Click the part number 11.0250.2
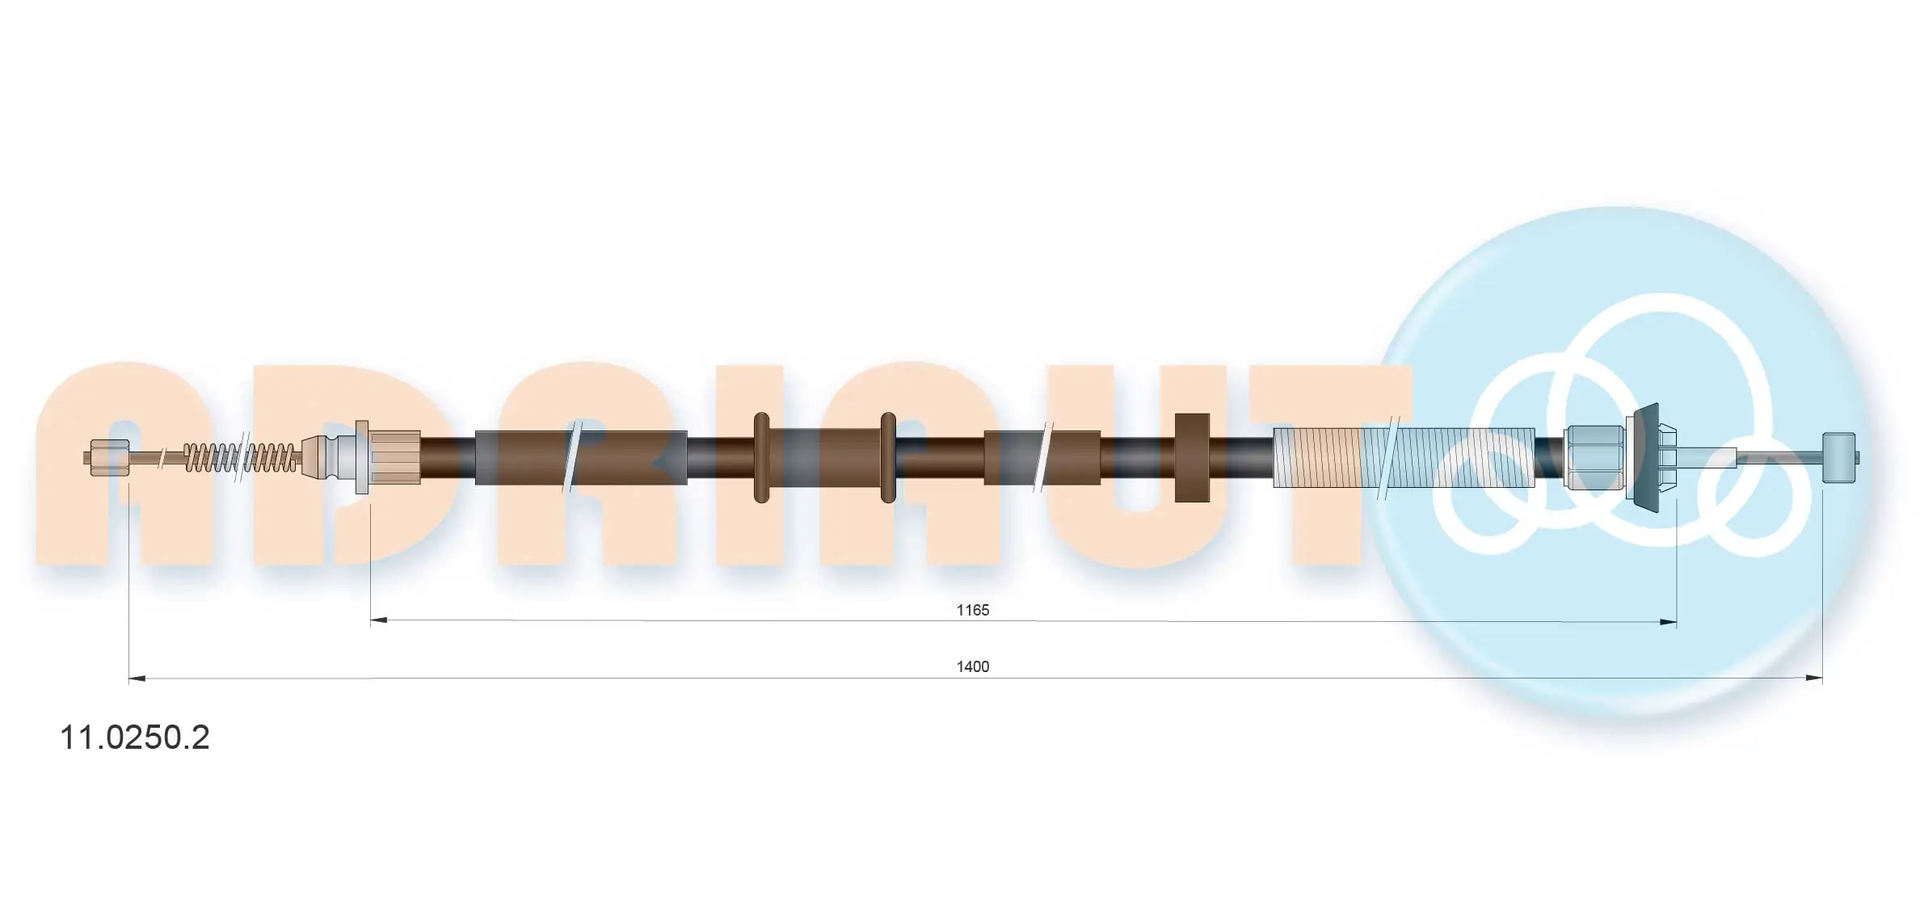pyautogui.click(x=135, y=737)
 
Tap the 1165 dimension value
pyautogui.click(x=972, y=610)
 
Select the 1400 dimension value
pyautogui.click(x=972, y=666)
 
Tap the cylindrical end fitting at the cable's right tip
pyautogui.click(x=1839, y=458)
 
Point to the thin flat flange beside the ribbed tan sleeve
pyautogui.click(x=362, y=457)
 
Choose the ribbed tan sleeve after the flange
pyautogui.click(x=395, y=457)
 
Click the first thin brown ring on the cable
pyautogui.click(x=761, y=457)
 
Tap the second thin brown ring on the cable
pyautogui.click(x=888, y=457)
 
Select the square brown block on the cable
pyautogui.click(x=1192, y=457)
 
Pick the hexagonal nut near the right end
pyautogui.click(x=1594, y=457)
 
